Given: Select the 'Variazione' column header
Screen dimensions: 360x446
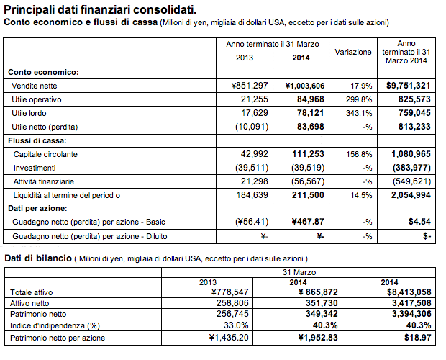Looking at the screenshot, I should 353,52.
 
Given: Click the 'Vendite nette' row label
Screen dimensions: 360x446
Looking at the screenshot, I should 35,86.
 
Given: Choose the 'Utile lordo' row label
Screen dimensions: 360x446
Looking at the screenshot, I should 32,113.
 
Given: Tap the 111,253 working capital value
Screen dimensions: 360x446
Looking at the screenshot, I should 305,154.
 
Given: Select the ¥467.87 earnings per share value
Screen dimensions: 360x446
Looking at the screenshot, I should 304,222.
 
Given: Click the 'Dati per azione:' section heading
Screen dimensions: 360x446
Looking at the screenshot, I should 37,209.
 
